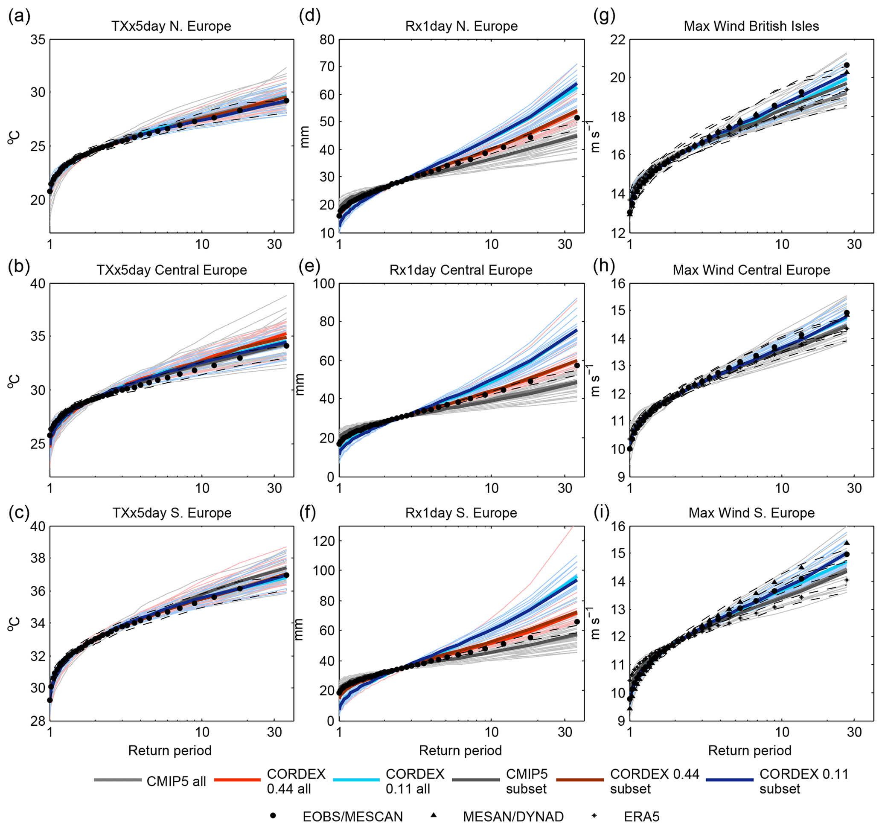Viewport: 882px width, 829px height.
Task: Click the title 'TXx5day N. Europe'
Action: point(171,26)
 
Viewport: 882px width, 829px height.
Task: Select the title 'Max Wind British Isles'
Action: point(751,26)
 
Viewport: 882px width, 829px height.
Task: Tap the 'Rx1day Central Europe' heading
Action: point(461,270)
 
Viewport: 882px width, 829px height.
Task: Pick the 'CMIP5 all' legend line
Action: point(118,780)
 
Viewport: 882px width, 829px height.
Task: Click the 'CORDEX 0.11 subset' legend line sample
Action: point(729,780)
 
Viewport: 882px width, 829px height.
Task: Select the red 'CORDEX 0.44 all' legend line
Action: point(237,780)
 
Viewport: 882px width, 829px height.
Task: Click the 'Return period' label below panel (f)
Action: point(460,750)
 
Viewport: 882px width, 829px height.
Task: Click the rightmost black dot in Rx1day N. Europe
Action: point(577,117)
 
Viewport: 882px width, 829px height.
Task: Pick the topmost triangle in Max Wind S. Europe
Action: point(847,543)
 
